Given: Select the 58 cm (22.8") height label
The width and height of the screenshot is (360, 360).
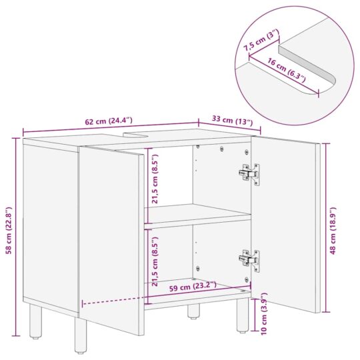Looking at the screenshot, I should pos(9,227).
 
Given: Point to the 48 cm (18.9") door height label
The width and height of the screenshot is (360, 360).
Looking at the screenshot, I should pos(333,227).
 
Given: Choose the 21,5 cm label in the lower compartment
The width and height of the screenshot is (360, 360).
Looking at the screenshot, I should pos(155,255).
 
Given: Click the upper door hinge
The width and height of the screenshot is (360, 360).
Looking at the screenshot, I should pos(247,173).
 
